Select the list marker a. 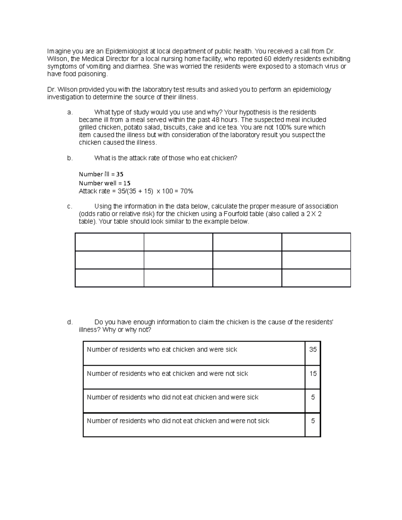[70, 112]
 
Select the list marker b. [70, 158]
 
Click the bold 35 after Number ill [120, 174]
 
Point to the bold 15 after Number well [127, 183]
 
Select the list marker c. [70, 206]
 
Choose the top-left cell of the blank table [110, 242]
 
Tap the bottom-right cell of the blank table [316, 278]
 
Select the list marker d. [70, 322]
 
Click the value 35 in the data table [313, 350]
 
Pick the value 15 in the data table [313, 374]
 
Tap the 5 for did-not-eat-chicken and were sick [313, 397]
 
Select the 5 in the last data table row [313, 421]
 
